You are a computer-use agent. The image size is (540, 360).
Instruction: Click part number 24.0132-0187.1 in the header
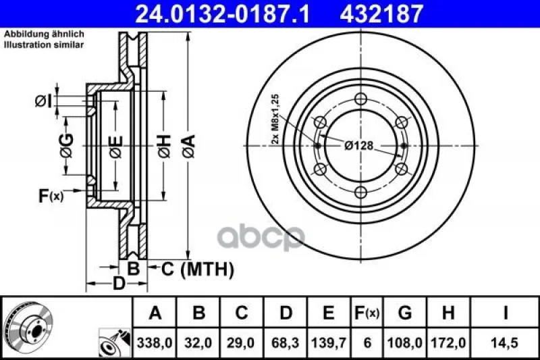pos(223,14)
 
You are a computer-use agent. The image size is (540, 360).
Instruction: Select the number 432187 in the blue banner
pos(381,14)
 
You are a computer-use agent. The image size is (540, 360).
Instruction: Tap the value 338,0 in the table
pos(154,342)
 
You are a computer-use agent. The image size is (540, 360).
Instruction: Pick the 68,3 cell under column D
pos(286,342)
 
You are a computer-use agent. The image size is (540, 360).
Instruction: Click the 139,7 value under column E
pos(329,342)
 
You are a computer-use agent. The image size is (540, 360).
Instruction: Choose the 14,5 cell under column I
pos(506,342)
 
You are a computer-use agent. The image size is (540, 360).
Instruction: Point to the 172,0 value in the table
pos(448,342)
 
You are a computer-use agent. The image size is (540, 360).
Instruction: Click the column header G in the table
pos(404,313)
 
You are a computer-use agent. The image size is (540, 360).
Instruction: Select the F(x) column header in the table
pos(367,313)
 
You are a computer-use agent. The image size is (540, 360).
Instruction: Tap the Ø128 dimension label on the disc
pos(359,146)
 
